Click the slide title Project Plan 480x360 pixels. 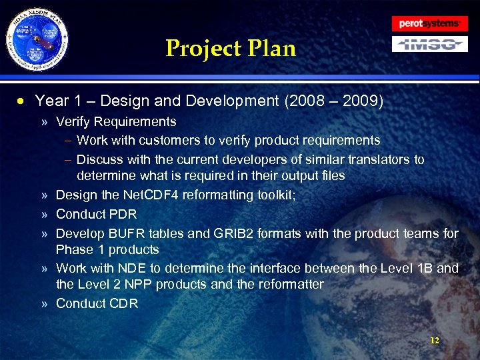[x=230, y=48]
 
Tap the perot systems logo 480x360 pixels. [x=430, y=23]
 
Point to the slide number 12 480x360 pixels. [x=435, y=340]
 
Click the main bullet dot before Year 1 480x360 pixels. [x=22, y=102]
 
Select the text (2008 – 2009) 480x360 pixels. [x=333, y=101]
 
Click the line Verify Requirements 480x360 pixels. [x=116, y=122]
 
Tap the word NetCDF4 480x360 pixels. [x=147, y=195]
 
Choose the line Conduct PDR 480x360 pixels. [x=96, y=214]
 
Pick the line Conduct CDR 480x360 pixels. [x=97, y=303]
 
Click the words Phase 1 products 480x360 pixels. [x=107, y=250]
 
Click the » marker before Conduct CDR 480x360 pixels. [x=43, y=304]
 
